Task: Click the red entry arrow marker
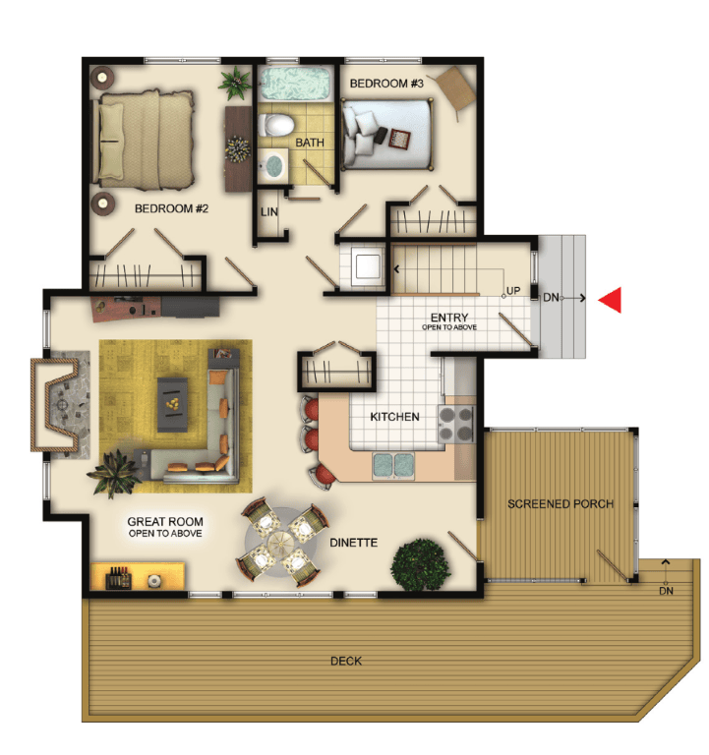[x=611, y=300]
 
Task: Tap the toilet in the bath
[x=276, y=125]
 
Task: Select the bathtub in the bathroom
[x=295, y=84]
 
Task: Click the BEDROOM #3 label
[x=386, y=84]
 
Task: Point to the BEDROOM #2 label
[x=171, y=208]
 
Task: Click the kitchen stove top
[x=456, y=425]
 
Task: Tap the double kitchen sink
[x=393, y=466]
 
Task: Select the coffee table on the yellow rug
[x=172, y=404]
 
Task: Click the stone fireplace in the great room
[x=61, y=404]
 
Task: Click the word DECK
[x=346, y=661]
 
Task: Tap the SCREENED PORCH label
[x=561, y=503]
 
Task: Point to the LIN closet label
[x=269, y=212]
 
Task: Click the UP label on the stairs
[x=513, y=290]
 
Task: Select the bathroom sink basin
[x=273, y=165]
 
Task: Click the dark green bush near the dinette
[x=421, y=564]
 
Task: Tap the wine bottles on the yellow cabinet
[x=118, y=577]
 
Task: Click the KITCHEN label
[x=394, y=417]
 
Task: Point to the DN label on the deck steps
[x=666, y=591]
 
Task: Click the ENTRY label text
[x=449, y=318]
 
